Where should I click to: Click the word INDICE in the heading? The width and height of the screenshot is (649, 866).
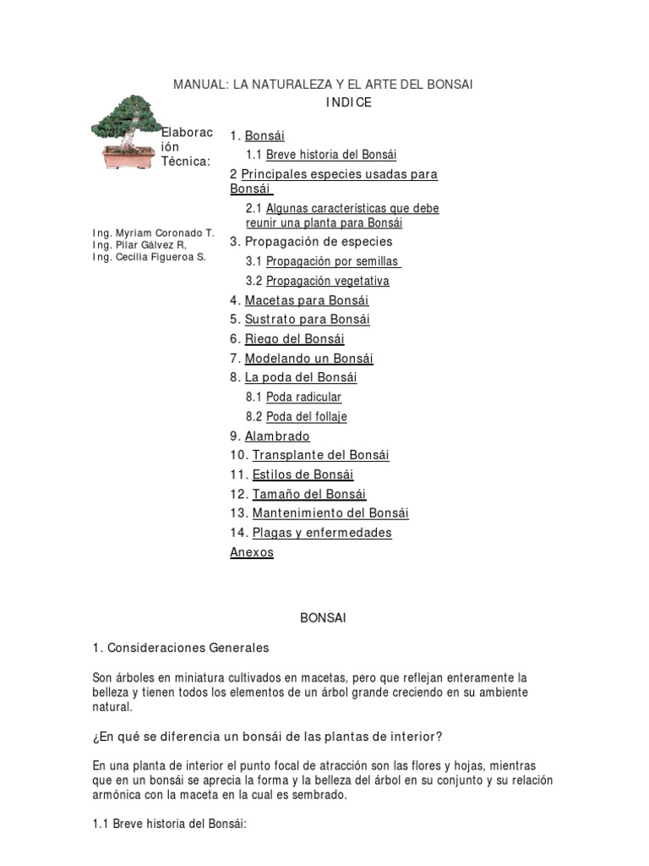[x=348, y=102]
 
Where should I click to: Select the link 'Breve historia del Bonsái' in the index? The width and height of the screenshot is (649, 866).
[x=330, y=155]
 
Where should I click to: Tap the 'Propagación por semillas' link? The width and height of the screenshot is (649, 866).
[x=333, y=261]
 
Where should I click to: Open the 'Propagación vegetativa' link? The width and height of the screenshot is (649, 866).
[x=327, y=281]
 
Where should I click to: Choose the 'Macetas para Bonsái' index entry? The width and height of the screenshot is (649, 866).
[x=306, y=300]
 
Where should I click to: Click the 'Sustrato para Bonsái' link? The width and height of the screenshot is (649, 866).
[x=307, y=320]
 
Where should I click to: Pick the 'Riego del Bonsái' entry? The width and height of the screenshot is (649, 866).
[x=294, y=339]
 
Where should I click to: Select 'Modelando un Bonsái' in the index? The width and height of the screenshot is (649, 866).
[x=308, y=359]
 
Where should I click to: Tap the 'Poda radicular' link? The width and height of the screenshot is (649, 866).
[x=303, y=397]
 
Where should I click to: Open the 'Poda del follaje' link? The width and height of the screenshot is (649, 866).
[x=306, y=417]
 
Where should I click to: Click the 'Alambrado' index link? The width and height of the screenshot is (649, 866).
[x=277, y=436]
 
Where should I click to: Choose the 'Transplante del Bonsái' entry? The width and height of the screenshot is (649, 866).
[x=320, y=455]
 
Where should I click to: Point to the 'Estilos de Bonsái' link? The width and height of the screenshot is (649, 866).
[x=303, y=474]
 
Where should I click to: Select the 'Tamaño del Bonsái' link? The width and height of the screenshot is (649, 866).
[x=309, y=494]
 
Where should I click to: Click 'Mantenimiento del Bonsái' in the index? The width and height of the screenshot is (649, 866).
[x=330, y=513]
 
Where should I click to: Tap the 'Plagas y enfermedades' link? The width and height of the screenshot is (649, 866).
[x=321, y=533]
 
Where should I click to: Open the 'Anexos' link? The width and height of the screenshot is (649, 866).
[x=252, y=552]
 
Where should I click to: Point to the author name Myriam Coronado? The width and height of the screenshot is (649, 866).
[x=154, y=233]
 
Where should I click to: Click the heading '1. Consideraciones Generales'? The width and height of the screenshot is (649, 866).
[x=181, y=648]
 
